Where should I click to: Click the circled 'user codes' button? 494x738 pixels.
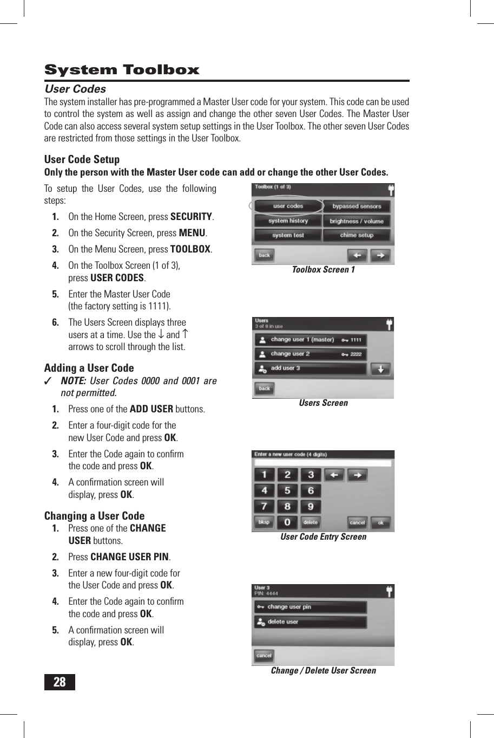pyautogui.click(x=288, y=206)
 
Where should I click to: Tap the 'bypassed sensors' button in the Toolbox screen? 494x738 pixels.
pyautogui.click(x=357, y=206)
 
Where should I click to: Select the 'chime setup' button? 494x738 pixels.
pyautogui.click(x=357, y=235)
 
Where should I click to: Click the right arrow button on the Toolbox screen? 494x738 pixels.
pyautogui.click(x=380, y=255)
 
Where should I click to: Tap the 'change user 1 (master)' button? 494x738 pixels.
pyautogui.click(x=311, y=340)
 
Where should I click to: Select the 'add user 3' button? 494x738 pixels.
pyautogui.click(x=311, y=368)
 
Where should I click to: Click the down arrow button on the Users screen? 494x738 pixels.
pyautogui.click(x=380, y=369)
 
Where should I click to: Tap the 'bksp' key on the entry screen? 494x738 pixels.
pyautogui.click(x=264, y=522)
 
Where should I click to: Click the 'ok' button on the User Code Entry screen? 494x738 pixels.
pyautogui.click(x=380, y=523)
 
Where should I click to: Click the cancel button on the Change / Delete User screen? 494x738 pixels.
pyautogui.click(x=264, y=656)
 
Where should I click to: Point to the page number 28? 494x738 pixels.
pyautogui.click(x=60, y=682)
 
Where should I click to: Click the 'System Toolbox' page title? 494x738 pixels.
pyautogui.click(x=122, y=70)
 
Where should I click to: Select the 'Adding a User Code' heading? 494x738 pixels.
pyautogui.click(x=89, y=368)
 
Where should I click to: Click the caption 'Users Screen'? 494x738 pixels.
pyautogui.click(x=323, y=403)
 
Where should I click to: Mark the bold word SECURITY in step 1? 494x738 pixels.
pyautogui.click(x=191, y=217)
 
